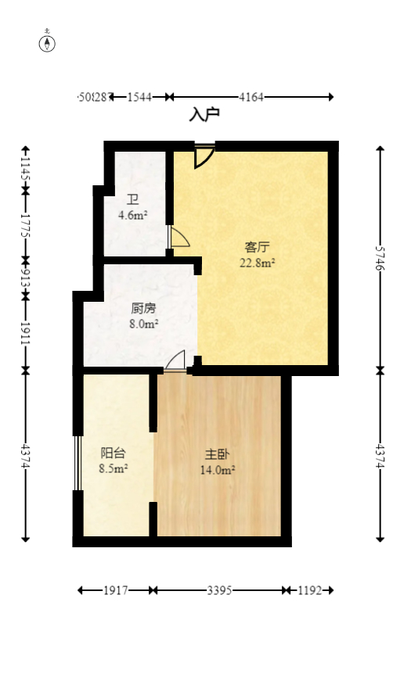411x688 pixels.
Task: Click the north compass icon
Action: (x=47, y=43)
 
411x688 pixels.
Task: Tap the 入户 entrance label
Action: (x=204, y=115)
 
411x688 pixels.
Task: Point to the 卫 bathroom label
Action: (x=133, y=199)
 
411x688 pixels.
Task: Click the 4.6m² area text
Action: (x=133, y=215)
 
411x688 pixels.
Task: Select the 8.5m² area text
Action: (x=114, y=469)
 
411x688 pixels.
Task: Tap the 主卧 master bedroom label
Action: (x=218, y=454)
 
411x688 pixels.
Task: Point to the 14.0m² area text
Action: (x=218, y=470)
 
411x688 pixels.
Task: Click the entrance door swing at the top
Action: (x=204, y=155)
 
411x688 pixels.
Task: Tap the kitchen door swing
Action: (x=176, y=360)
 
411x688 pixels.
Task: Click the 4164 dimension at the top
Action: (x=251, y=97)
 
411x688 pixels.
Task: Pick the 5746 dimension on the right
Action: (x=380, y=257)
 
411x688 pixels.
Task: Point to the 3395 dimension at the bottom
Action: (x=219, y=591)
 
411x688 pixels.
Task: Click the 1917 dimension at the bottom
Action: (x=116, y=591)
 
